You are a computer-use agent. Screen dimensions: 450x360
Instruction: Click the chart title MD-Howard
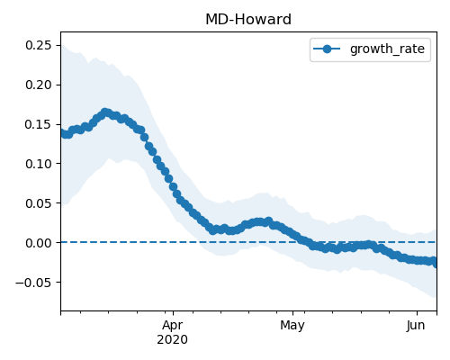(248, 20)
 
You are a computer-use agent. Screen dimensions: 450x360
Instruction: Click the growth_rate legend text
(387, 49)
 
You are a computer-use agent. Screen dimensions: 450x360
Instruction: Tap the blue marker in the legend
(327, 49)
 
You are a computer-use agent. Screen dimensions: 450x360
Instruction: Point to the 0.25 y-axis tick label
(39, 45)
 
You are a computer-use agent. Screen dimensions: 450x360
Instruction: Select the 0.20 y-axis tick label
(39, 85)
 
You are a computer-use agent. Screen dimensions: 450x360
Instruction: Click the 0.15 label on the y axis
(39, 124)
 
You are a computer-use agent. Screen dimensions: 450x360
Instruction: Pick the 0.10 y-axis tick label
(39, 164)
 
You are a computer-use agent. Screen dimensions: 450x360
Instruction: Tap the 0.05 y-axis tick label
(39, 203)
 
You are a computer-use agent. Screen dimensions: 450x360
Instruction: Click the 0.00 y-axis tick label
(39, 243)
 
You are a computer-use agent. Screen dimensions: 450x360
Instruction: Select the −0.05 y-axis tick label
(33, 283)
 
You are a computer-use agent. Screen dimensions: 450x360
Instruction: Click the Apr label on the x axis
(172, 326)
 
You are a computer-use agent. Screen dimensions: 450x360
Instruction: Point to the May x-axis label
(292, 326)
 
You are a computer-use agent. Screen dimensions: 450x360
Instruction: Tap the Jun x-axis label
(416, 325)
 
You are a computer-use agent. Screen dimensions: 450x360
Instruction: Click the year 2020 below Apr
(172, 340)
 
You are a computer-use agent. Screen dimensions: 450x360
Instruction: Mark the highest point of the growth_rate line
(105, 112)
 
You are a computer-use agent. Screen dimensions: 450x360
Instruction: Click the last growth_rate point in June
(435, 263)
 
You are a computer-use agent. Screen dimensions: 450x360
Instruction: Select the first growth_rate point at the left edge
(62, 132)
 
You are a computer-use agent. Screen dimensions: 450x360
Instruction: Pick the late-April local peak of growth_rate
(268, 221)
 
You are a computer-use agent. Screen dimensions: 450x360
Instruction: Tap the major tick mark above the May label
(293, 313)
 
